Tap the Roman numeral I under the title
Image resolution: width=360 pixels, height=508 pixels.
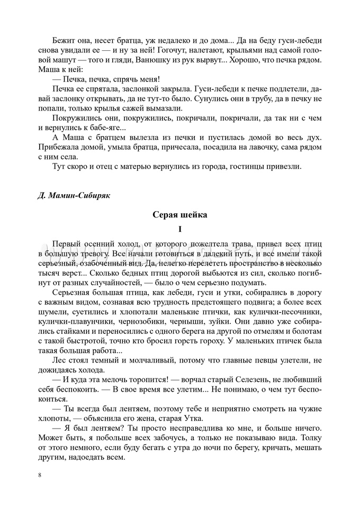click(180, 229)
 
